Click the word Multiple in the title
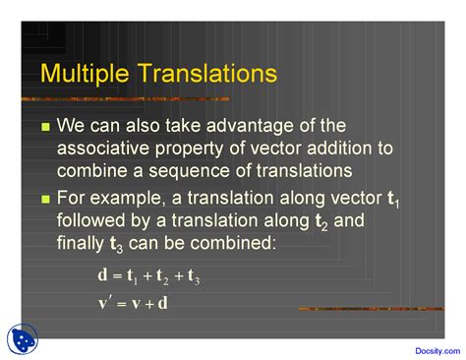[x=85, y=74]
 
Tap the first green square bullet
[x=46, y=127]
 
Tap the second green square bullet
[x=46, y=199]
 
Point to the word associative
[x=103, y=149]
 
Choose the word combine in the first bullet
[x=92, y=171]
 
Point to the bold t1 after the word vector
[x=393, y=200]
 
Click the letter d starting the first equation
[x=102, y=274]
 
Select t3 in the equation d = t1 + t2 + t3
[x=194, y=277]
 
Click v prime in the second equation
[x=105, y=303]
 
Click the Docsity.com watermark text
[x=437, y=351]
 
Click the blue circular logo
[x=23, y=339]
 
